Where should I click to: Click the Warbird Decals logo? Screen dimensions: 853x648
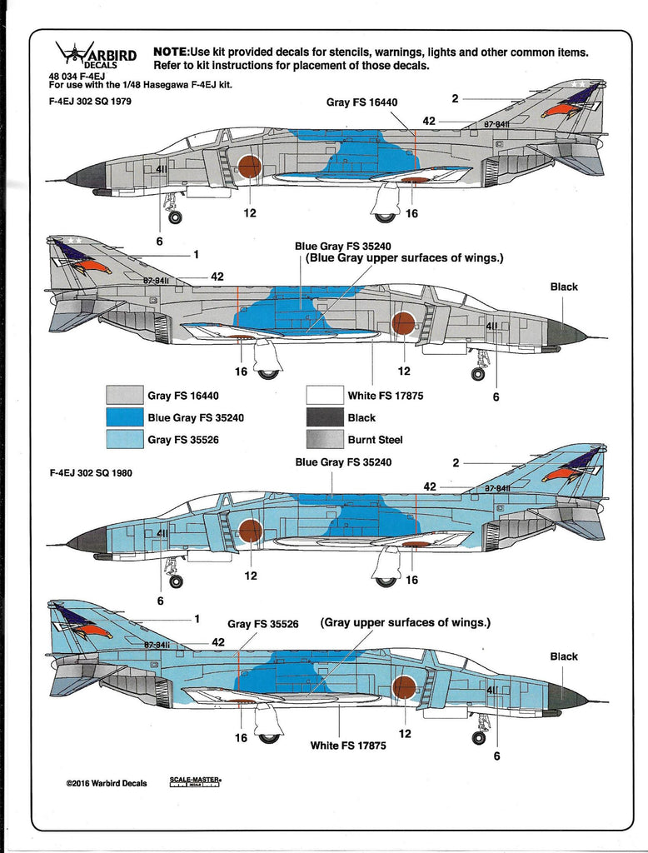tap(96, 57)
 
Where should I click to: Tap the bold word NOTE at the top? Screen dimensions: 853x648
tap(171, 52)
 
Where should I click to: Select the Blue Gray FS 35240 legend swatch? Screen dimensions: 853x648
tap(125, 418)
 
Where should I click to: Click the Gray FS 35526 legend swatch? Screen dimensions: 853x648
tap(125, 440)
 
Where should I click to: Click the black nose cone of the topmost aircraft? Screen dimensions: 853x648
tap(87, 176)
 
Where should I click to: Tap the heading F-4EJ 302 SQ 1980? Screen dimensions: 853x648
tap(91, 473)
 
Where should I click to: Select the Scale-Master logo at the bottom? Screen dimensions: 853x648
tap(195, 781)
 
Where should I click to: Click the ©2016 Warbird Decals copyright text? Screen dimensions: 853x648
tap(107, 783)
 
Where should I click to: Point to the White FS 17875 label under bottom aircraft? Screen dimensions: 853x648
tap(348, 746)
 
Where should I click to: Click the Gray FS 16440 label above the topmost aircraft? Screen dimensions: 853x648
tap(361, 102)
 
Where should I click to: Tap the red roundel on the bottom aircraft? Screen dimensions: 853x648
tap(404, 687)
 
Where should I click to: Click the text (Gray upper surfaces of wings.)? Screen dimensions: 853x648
tap(406, 622)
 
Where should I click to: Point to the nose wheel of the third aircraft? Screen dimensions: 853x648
tap(176, 581)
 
